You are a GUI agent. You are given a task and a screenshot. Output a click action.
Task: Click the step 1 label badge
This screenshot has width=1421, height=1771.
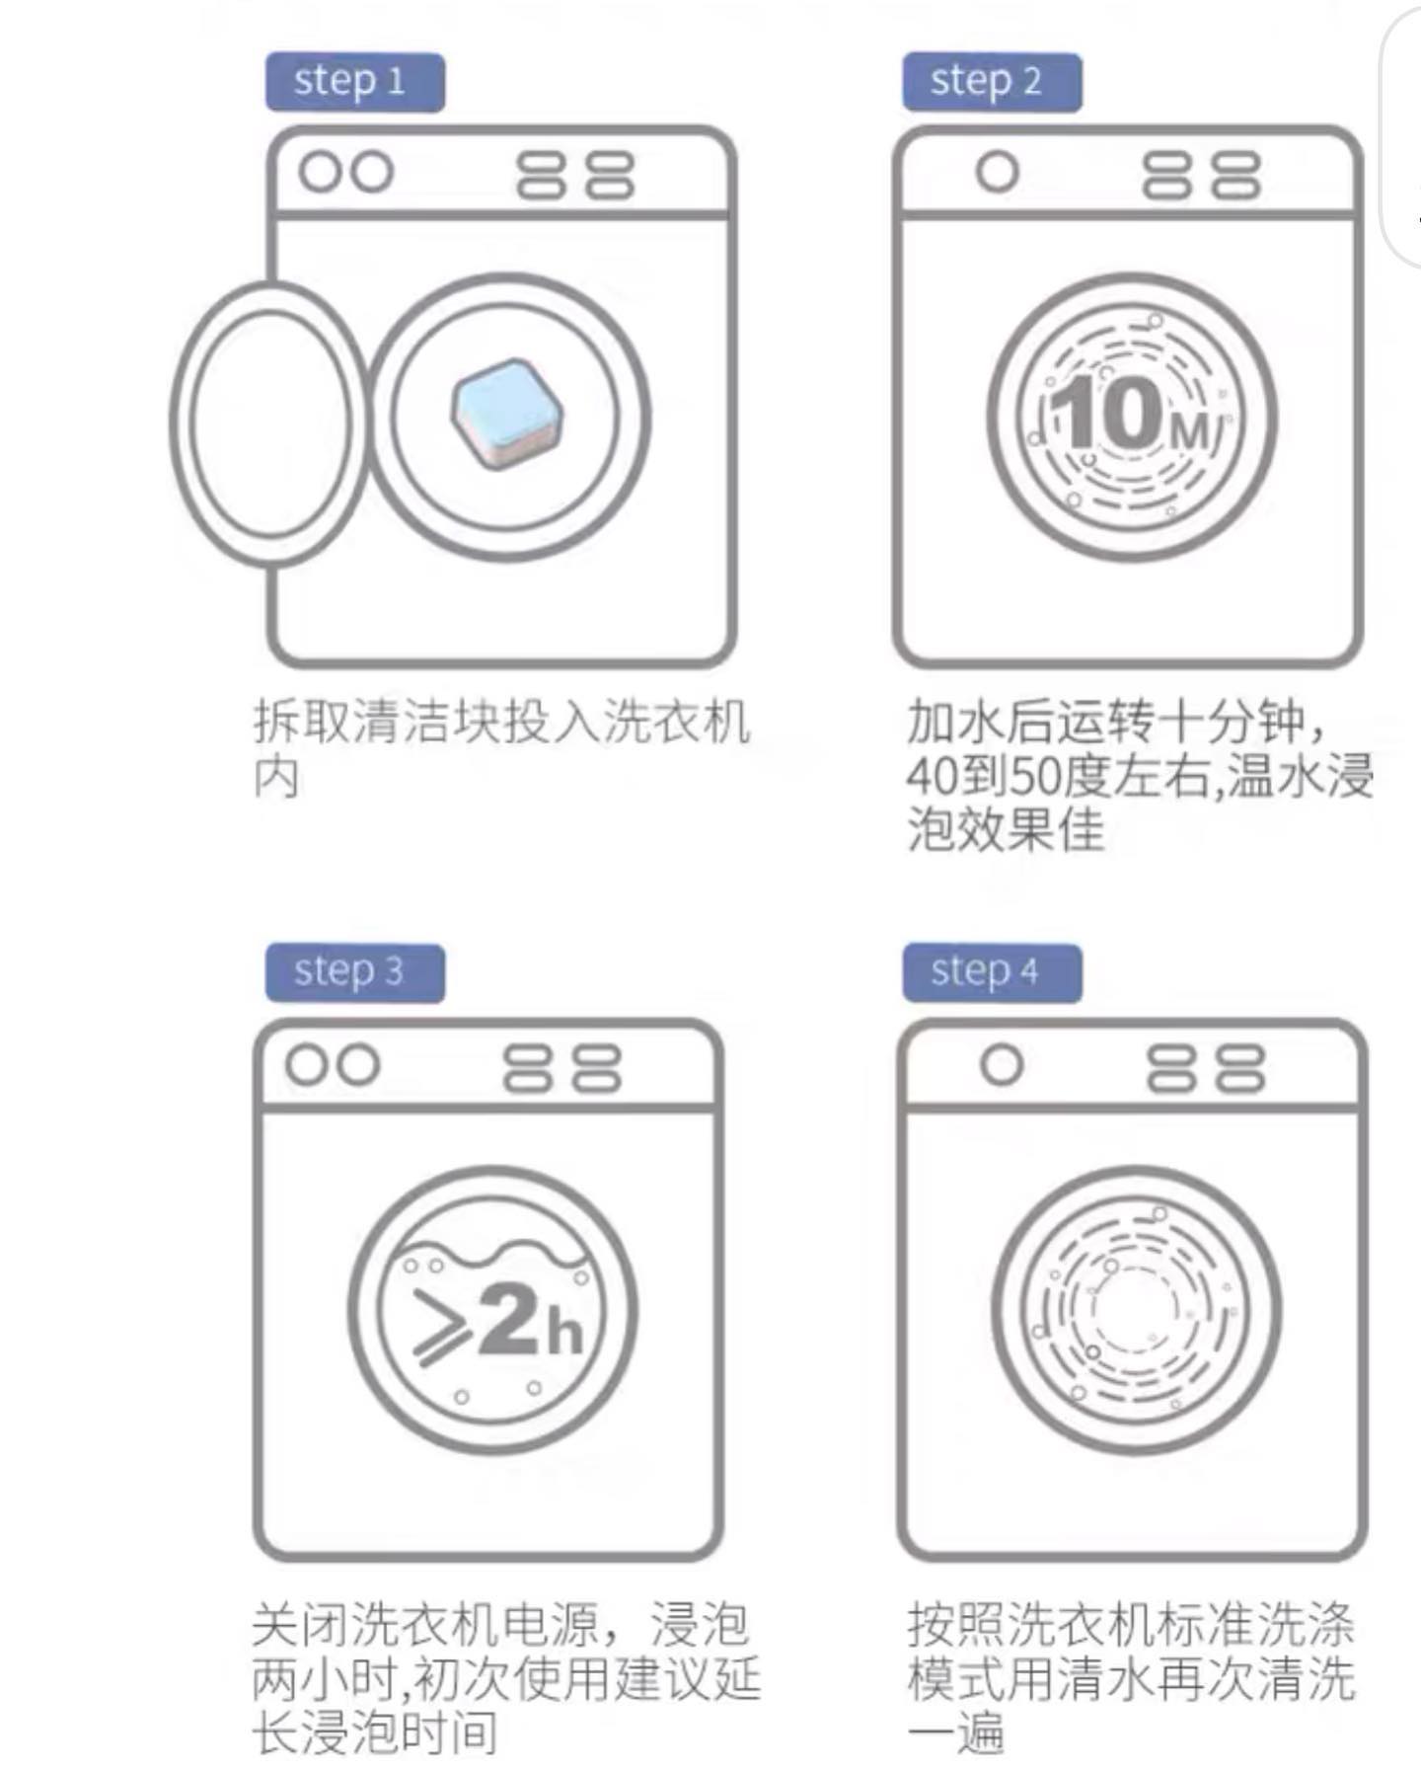pyautogui.click(x=354, y=82)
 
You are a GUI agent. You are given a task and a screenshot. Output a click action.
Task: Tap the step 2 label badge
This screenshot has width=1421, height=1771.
pyautogui.click(x=991, y=82)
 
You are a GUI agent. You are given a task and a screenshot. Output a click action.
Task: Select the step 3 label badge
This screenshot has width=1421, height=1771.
pyautogui.click(x=354, y=972)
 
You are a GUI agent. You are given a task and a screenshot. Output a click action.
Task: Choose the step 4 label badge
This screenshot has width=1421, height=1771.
pyautogui.click(x=991, y=972)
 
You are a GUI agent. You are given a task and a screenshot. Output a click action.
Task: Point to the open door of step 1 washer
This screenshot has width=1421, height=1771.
pyautogui.click(x=268, y=423)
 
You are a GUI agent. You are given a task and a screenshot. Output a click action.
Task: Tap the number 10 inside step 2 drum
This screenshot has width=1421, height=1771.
pyautogui.click(x=1106, y=414)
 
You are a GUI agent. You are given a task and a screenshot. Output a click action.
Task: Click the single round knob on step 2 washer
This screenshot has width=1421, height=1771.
pyautogui.click(x=997, y=172)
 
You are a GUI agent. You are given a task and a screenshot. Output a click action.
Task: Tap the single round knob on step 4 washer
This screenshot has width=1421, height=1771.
pyautogui.click(x=1002, y=1064)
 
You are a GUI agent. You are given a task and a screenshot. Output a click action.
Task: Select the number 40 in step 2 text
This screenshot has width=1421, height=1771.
pyautogui.click(x=931, y=777)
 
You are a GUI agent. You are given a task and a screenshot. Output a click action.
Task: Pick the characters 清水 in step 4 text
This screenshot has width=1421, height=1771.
pyautogui.click(x=1105, y=1679)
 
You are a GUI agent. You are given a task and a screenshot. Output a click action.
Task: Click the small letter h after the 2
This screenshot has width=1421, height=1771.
pyautogui.click(x=564, y=1333)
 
